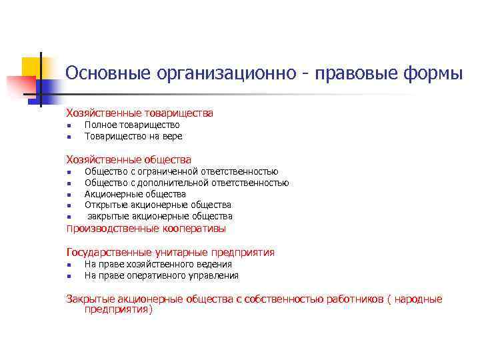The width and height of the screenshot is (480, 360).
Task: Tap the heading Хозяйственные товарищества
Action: point(139,113)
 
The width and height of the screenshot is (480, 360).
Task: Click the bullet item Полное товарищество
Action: point(132,125)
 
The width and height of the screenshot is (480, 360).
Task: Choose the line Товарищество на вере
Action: point(133,136)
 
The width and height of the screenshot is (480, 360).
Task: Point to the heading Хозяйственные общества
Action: point(129,159)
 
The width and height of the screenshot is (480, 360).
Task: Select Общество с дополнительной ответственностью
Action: point(187,183)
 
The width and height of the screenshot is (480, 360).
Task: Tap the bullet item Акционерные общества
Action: point(135,194)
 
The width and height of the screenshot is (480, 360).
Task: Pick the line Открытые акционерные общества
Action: point(158,205)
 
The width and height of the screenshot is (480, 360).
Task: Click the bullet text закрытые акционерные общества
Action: point(160,216)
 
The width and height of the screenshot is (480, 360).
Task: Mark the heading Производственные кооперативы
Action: point(146,229)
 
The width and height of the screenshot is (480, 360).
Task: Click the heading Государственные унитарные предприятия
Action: point(170,252)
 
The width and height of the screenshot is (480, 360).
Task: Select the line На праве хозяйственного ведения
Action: point(158,264)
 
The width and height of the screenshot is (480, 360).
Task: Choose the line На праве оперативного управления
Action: point(161,275)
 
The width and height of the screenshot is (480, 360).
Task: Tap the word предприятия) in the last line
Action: point(119,309)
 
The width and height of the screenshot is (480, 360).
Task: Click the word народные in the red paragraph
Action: point(419,299)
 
